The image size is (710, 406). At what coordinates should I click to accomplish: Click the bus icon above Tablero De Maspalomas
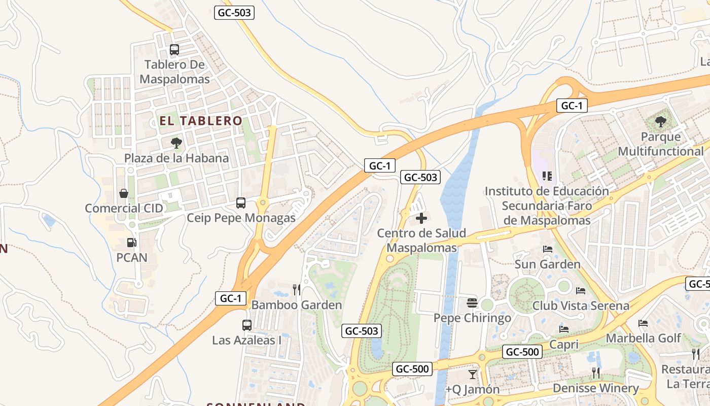[x=174, y=50]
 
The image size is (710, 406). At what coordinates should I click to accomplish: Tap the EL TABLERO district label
[x=201, y=121]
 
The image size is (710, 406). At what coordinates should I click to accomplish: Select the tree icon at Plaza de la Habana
[x=176, y=143]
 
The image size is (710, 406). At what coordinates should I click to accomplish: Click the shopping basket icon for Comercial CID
[x=123, y=193]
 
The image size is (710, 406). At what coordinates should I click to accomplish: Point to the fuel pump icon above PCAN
[x=131, y=243]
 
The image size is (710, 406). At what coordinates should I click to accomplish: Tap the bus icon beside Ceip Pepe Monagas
[x=241, y=203]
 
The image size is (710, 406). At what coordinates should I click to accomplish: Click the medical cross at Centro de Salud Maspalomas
[x=421, y=219]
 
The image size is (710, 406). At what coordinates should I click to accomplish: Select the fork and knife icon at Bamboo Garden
[x=297, y=290]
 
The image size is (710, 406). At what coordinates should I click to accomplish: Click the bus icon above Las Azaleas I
[x=246, y=325]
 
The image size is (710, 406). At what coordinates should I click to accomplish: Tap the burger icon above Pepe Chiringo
[x=472, y=303]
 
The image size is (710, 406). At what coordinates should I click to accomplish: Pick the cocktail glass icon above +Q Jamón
[x=473, y=375]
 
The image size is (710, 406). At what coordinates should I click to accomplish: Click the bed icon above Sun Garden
[x=547, y=249]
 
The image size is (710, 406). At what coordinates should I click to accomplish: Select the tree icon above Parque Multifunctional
[x=660, y=122]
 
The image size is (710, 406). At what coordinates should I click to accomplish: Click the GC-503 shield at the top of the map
[x=234, y=13]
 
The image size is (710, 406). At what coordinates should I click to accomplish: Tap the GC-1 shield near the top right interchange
[x=572, y=106]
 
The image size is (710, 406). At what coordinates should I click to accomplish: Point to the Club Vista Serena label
[x=581, y=306]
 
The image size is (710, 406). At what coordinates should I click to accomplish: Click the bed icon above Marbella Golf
[x=643, y=323]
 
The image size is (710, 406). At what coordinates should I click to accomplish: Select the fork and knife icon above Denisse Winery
[x=596, y=373]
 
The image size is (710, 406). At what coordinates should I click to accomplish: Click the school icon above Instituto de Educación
[x=547, y=176]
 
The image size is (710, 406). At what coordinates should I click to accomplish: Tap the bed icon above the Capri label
[x=563, y=329]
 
